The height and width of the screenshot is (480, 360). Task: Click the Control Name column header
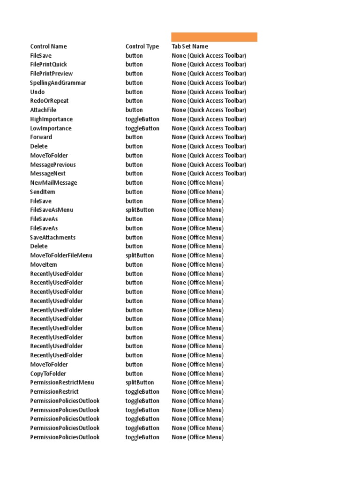coord(48,46)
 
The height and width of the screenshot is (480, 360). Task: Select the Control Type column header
coord(142,46)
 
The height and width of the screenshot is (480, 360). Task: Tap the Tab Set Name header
coord(190,46)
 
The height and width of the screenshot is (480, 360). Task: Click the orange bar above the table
coord(214,37)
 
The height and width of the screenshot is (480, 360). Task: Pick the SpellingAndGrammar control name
coord(58,83)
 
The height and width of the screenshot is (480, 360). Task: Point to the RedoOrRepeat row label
coord(49,101)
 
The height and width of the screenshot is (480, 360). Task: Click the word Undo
coord(37,92)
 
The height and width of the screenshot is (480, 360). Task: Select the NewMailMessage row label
coord(53,183)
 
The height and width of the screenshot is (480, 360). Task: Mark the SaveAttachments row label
coord(52,237)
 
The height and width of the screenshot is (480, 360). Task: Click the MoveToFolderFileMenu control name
coord(61,255)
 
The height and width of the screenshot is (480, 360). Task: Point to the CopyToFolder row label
coord(48,374)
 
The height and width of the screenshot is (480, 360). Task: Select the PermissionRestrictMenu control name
coord(62,382)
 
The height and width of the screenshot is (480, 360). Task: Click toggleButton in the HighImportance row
coord(142,119)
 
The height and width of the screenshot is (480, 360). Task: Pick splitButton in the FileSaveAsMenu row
coord(140,210)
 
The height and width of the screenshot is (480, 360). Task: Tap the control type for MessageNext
coord(134,173)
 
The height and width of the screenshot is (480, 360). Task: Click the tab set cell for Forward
coord(209,137)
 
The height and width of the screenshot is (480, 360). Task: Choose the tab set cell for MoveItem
coord(197,264)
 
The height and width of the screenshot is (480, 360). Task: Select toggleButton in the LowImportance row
coord(142,128)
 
